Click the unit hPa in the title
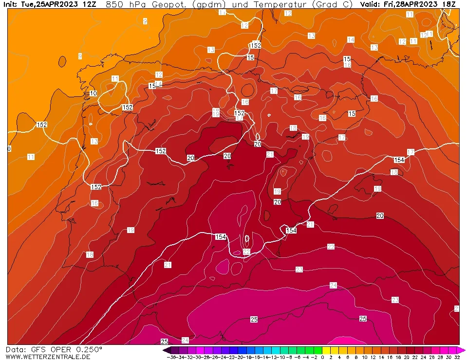[x=138, y=4]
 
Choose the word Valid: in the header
[x=371, y=4]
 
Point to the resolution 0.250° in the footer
[x=88, y=349]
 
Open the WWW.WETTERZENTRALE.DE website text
[x=48, y=357]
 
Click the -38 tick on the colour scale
[x=171, y=357]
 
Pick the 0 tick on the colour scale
[x=322, y=357]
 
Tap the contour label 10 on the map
[x=93, y=93]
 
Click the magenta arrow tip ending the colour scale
[x=463, y=350]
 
